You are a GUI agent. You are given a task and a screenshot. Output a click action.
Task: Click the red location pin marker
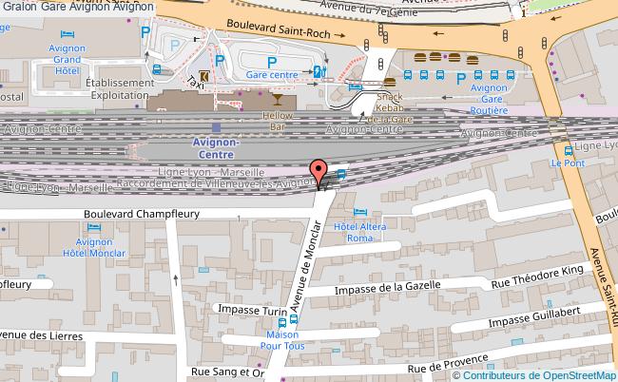(320, 172)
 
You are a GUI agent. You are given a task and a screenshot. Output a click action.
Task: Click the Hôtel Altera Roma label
(358, 227)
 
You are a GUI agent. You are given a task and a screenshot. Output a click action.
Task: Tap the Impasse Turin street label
(252, 310)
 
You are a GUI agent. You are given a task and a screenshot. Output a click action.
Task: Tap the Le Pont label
(569, 162)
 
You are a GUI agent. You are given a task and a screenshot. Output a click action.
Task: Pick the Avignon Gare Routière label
(489, 99)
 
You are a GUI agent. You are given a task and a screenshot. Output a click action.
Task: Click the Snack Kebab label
(390, 102)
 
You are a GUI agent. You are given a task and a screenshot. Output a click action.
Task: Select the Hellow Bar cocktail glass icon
(277, 98)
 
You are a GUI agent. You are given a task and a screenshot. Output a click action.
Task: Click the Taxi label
(197, 80)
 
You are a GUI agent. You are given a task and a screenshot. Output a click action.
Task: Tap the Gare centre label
(272, 73)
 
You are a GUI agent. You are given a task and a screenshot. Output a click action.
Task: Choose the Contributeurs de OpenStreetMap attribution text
(549, 374)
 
